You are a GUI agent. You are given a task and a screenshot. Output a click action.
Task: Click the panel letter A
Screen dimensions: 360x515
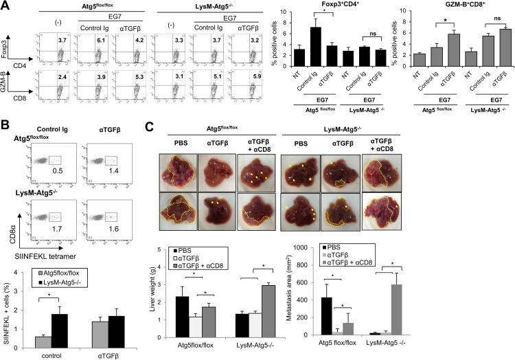coord(5,5)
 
